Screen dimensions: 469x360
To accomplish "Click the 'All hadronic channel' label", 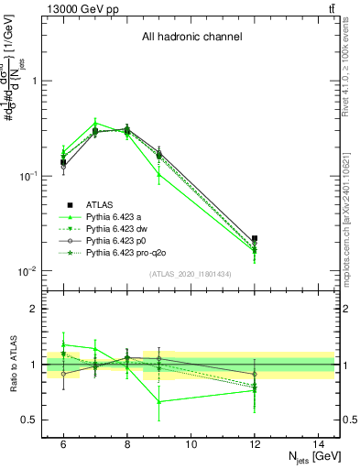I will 191,38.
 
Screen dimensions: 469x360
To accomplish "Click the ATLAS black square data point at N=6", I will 63,162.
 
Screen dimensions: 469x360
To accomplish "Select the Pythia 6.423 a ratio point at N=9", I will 158,401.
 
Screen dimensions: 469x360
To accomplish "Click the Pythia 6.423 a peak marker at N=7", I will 95,123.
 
